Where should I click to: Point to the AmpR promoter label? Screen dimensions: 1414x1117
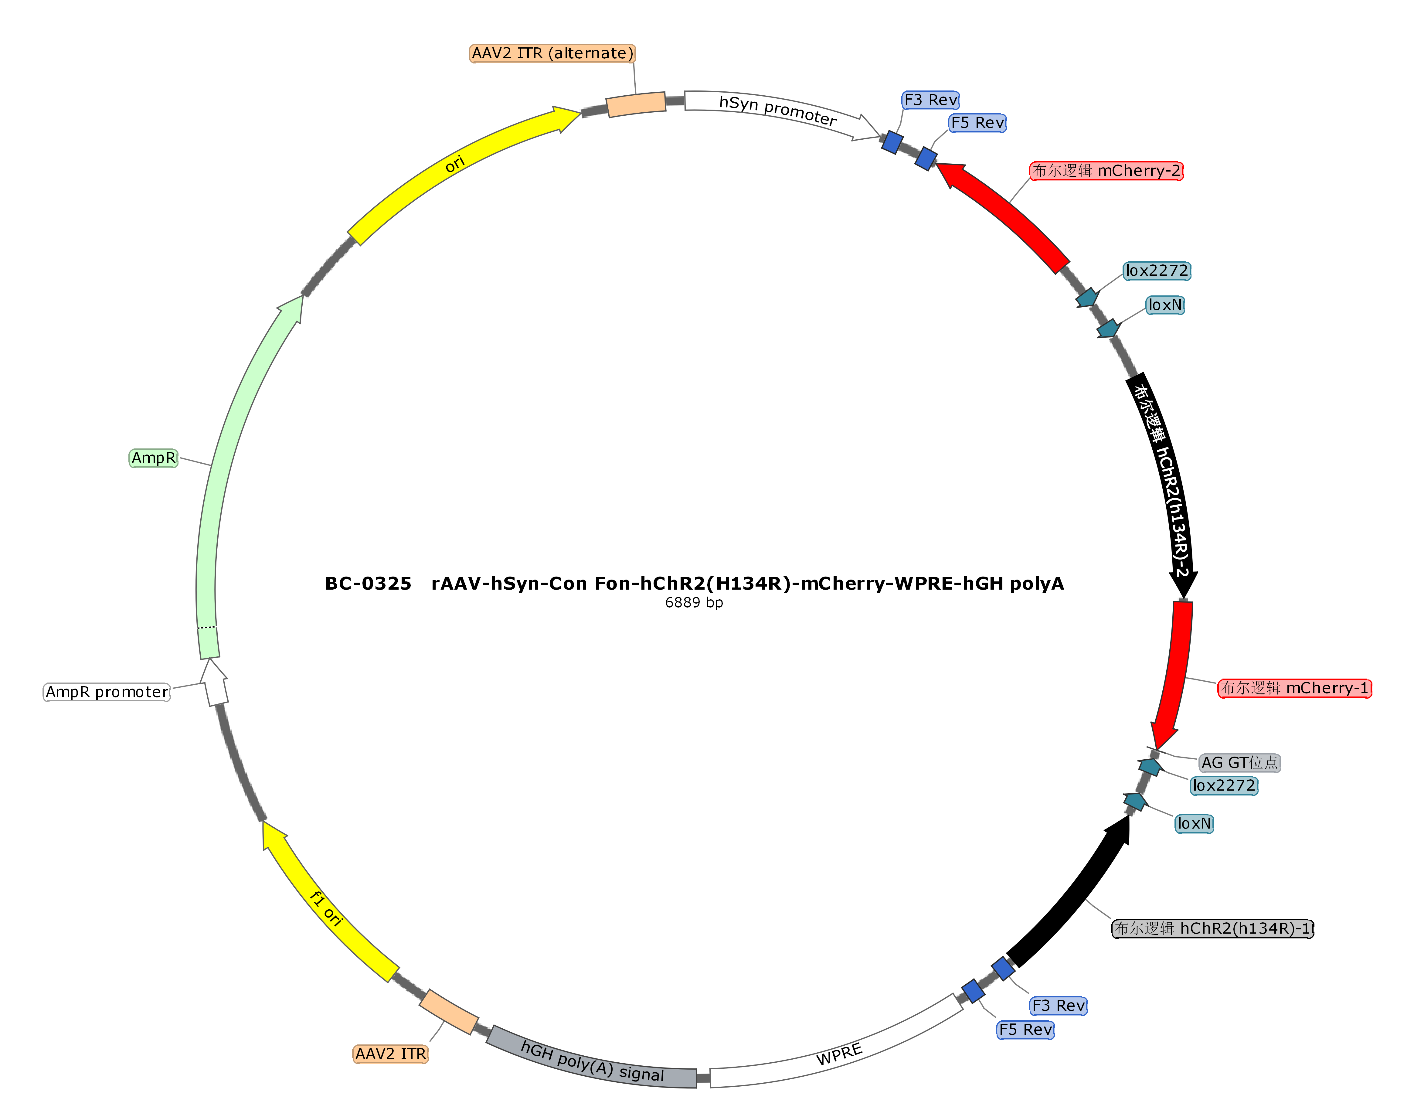[107, 692]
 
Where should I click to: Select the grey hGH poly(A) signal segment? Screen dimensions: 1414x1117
[592, 1061]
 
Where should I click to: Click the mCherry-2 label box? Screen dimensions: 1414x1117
[1106, 171]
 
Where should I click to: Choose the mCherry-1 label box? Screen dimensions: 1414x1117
[1294, 688]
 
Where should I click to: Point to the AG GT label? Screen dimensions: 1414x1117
[1239, 763]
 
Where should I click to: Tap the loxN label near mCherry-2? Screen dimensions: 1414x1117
[1165, 305]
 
